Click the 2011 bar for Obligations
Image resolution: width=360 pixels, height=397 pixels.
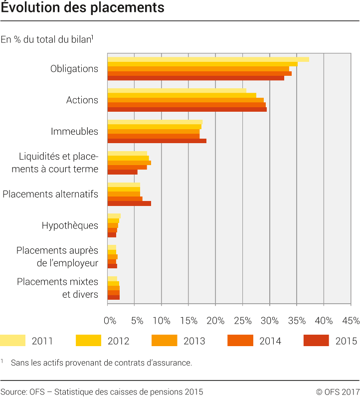[208, 59]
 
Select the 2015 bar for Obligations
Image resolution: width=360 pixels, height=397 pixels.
[195, 78]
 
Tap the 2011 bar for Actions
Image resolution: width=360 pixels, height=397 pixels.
[177, 91]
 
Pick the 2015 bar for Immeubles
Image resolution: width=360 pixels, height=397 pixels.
[157, 141]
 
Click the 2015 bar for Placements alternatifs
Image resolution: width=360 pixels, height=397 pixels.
[129, 203]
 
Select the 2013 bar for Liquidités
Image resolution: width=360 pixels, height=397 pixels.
[129, 163]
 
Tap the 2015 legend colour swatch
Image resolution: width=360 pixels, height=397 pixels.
[316, 341]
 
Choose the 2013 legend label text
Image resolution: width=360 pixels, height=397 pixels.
[194, 341]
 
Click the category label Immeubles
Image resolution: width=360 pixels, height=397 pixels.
[74, 132]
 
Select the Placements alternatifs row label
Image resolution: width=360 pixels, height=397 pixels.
[50, 194]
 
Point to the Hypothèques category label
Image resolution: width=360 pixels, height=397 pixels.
[70, 225]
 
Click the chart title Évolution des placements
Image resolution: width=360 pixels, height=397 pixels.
[82, 8]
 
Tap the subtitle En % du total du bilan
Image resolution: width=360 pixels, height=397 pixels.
[47, 39]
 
